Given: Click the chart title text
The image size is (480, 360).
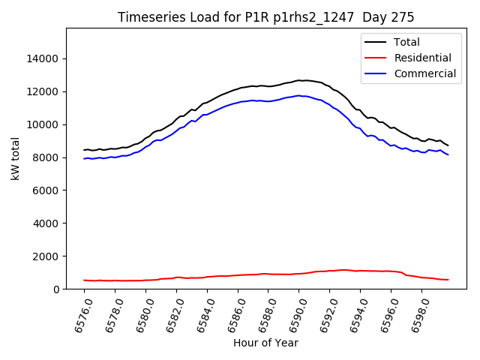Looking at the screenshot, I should [x=266, y=17].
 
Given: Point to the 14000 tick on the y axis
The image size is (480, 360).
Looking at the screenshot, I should [x=44, y=58].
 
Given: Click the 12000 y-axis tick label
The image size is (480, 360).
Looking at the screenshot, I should [x=44, y=91].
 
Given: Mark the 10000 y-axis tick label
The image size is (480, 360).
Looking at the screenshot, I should [x=44, y=124].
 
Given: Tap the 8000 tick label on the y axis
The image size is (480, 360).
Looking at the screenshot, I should [x=47, y=157].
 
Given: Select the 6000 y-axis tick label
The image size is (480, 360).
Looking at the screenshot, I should [x=47, y=190].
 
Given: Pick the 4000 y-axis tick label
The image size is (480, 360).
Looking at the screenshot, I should [x=47, y=223].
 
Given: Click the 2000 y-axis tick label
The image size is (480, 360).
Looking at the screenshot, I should [x=47, y=256].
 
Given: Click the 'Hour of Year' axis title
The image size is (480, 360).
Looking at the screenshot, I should [x=265, y=343].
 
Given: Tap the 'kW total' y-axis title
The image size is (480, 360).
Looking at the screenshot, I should [x=15, y=159].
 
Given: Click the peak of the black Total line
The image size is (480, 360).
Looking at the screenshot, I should [x=298, y=80].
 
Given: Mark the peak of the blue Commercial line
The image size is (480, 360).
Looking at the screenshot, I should [x=298, y=95].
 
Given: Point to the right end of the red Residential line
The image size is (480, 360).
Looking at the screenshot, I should [x=448, y=280].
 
